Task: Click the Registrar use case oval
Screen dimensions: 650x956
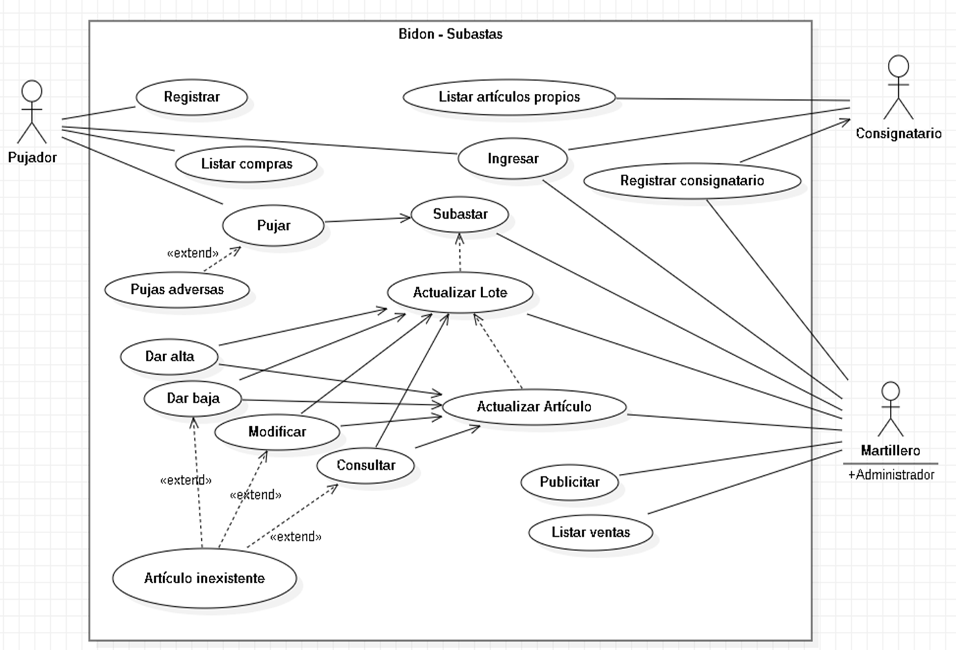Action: [191, 97]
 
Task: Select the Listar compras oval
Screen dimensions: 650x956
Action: [246, 164]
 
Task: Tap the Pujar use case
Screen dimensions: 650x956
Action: [273, 226]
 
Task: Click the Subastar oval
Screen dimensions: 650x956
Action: [460, 214]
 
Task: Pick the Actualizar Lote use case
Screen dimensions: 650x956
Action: [460, 293]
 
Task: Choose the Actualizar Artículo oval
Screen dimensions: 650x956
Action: [534, 406]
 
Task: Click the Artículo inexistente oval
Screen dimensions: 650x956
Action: [204, 578]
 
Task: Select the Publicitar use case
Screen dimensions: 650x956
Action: [569, 482]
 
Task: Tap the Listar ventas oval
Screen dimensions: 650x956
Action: [590, 532]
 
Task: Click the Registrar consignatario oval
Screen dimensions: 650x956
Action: [692, 181]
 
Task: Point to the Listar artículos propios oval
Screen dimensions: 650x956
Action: [509, 97]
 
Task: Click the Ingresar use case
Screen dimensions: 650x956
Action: [513, 159]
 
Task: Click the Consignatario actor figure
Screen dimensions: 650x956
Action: [898, 87]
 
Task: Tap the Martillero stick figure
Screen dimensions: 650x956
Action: [890, 410]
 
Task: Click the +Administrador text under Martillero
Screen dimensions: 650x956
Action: [891, 475]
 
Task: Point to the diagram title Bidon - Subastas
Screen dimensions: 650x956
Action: [450, 34]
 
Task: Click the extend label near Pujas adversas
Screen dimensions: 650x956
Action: [192, 253]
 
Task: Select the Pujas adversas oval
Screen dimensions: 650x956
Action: [177, 289]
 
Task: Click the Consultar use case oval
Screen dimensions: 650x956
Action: [366, 465]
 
